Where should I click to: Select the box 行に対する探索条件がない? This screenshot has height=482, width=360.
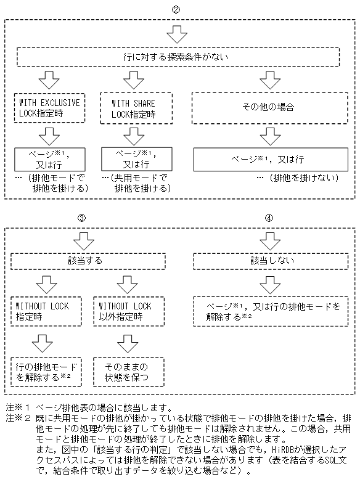click(178, 57)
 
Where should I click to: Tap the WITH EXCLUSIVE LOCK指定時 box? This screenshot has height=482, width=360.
click(50, 107)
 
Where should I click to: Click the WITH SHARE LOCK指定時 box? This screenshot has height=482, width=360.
click(133, 107)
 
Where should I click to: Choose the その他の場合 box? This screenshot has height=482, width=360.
click(267, 107)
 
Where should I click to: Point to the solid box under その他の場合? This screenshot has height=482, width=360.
click(267, 159)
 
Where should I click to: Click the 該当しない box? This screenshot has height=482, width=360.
click(267, 261)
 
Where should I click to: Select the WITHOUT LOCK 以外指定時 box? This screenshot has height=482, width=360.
click(125, 311)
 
